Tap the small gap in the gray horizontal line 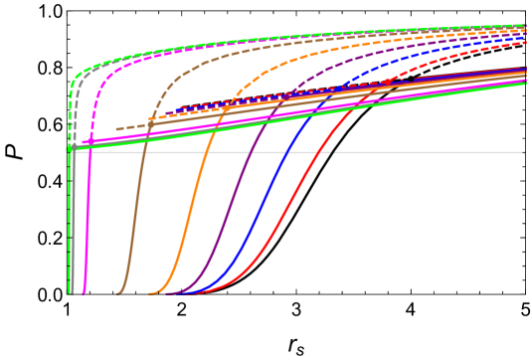pos(332,152)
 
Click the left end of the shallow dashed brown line pos(117,129)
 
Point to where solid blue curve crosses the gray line pos(289,152)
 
